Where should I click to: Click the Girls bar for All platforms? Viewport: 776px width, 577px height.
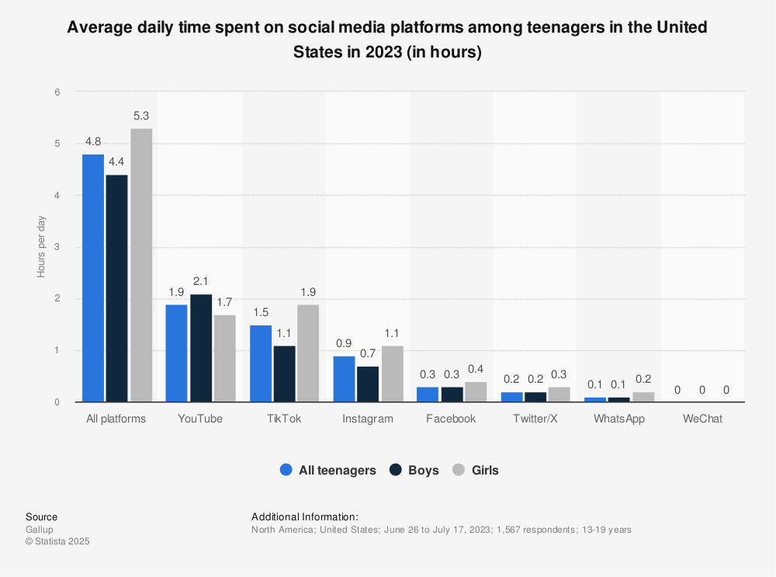pyautogui.click(x=141, y=265)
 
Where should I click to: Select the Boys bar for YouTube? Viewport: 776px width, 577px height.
pyautogui.click(x=200, y=348)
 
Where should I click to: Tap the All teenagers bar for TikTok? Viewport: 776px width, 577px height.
pyautogui.click(x=261, y=363)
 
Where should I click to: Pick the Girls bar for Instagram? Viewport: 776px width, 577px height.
pyautogui.click(x=393, y=374)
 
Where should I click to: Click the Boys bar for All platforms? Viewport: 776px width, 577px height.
pyautogui.click(x=117, y=288)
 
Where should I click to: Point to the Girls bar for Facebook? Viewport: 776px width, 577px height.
pyautogui.click(x=476, y=391)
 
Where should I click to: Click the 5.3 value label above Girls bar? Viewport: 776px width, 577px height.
pyautogui.click(x=141, y=116)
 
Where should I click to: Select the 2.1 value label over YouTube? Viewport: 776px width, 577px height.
pyautogui.click(x=200, y=281)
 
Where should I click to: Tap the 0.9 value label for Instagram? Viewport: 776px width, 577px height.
pyautogui.click(x=345, y=343)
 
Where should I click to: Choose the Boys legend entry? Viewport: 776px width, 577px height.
pyautogui.click(x=414, y=470)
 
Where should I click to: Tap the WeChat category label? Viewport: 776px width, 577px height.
pyautogui.click(x=702, y=419)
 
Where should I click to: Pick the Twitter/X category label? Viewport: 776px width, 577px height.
pyautogui.click(x=535, y=419)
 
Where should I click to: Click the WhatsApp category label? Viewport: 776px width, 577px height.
pyautogui.click(x=618, y=419)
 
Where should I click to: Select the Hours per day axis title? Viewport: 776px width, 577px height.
pyautogui.click(x=41, y=247)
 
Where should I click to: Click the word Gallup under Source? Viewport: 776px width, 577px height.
pyautogui.click(x=40, y=530)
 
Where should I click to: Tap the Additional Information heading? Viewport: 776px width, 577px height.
pyautogui.click(x=305, y=516)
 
